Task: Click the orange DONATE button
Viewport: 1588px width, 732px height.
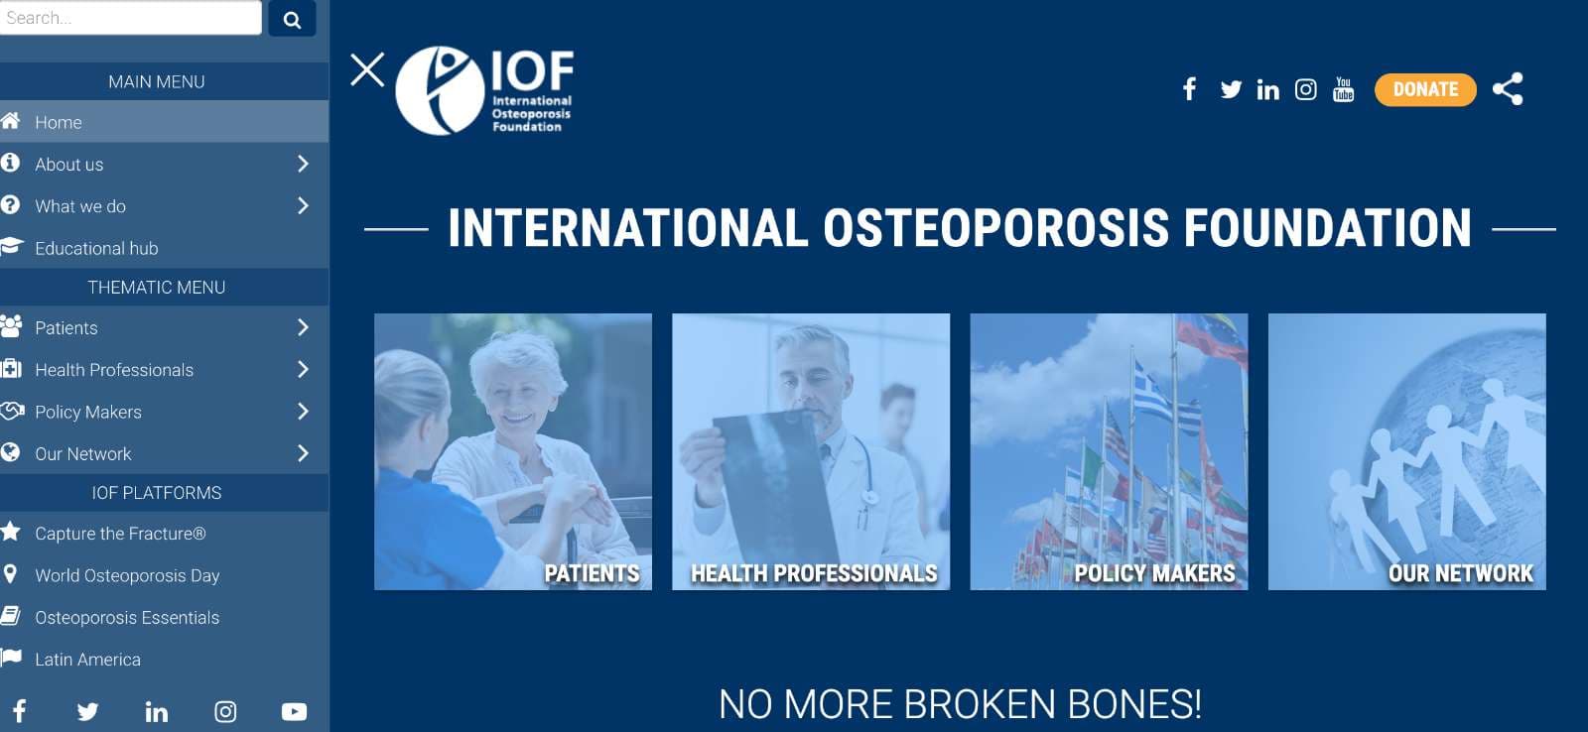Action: coord(1425,90)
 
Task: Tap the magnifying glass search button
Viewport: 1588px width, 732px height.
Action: coord(292,19)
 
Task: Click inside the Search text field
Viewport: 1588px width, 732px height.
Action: coord(130,17)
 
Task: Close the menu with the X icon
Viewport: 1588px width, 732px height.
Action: coord(367,70)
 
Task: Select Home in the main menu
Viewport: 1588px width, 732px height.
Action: coord(59,123)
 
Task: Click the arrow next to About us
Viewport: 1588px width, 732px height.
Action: coord(304,164)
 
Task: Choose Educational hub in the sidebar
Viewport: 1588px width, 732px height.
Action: coord(96,248)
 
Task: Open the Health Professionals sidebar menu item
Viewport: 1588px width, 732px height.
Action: coord(114,370)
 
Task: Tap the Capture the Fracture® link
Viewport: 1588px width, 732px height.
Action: coord(120,534)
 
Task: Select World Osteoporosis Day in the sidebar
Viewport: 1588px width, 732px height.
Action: coord(128,575)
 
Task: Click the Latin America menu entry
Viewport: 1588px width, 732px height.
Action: coord(88,660)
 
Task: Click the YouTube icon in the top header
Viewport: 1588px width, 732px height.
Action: coord(1344,89)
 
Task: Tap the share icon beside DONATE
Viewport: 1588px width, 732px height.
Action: coord(1508,89)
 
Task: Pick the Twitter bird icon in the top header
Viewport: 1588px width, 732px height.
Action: coord(1231,89)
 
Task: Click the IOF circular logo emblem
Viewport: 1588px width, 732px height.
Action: coord(440,90)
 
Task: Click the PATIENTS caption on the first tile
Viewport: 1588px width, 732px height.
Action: coord(592,573)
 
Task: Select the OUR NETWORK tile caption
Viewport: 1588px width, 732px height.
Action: coord(1460,573)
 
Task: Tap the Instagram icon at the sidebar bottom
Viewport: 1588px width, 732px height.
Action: coord(225,711)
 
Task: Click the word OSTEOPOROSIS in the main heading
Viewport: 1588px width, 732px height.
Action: coord(995,228)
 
